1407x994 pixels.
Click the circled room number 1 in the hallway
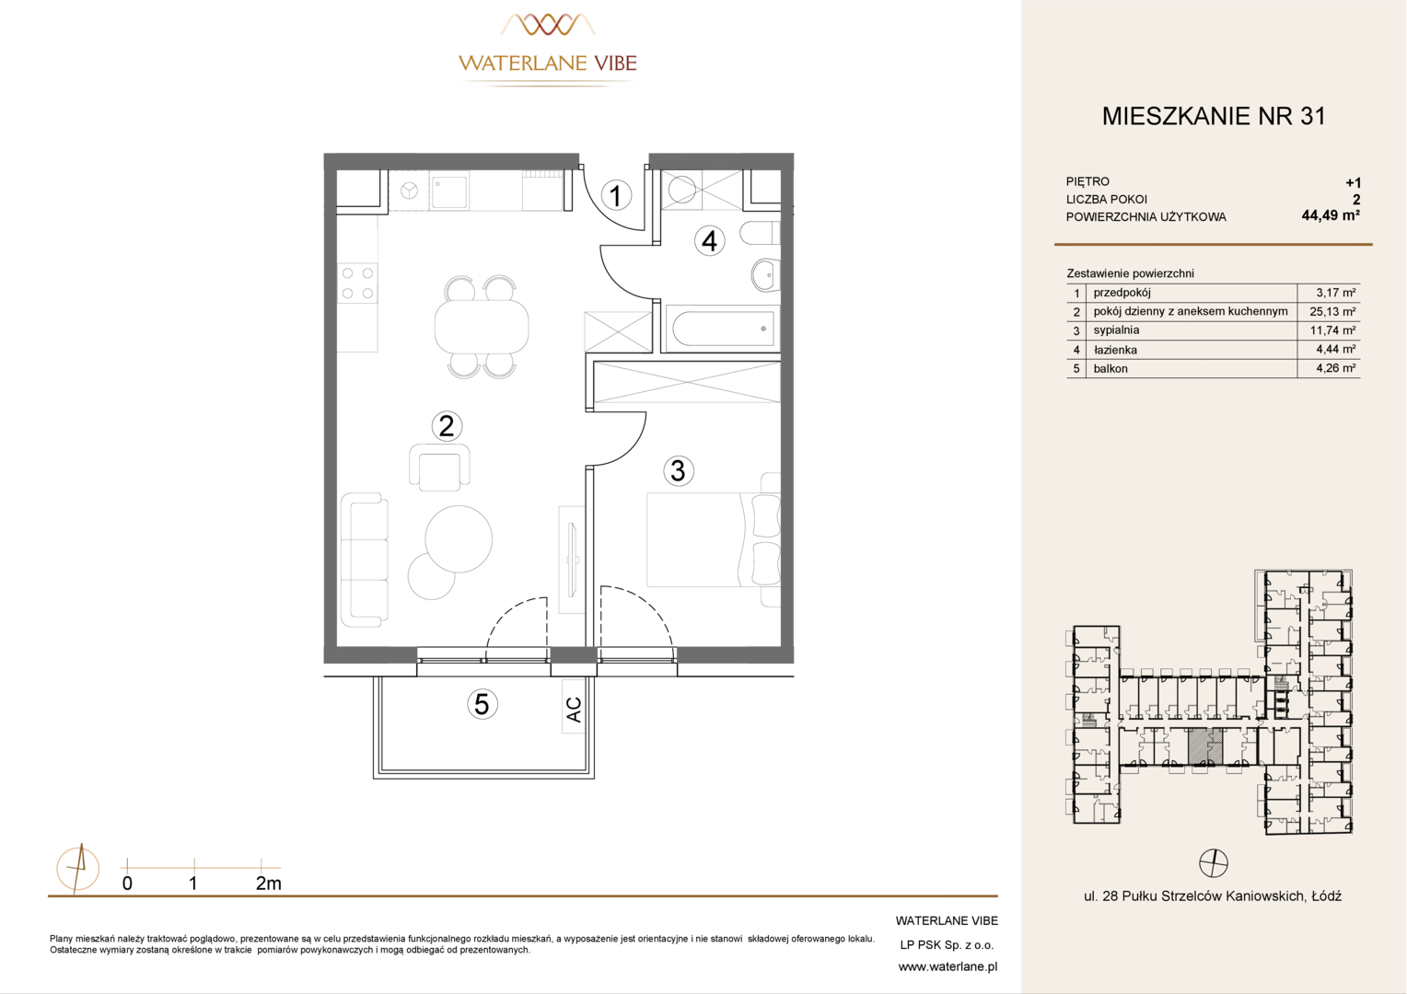point(615,195)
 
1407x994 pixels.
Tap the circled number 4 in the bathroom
point(709,241)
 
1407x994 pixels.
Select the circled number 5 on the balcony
point(482,704)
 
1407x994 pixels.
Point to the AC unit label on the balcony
point(574,710)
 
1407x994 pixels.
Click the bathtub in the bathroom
point(722,329)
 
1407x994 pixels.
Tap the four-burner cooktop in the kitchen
point(357,283)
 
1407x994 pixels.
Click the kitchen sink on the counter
point(449,192)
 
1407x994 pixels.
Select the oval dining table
point(482,327)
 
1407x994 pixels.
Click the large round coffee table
point(459,538)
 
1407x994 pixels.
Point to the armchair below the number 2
point(440,468)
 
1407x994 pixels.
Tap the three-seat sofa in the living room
point(365,561)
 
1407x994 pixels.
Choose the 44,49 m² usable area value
point(1331,215)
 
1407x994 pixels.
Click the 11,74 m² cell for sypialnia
point(1332,330)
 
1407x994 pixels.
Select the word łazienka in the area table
point(1115,350)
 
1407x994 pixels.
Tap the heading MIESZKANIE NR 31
point(1214,116)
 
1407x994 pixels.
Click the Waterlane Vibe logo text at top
point(548,63)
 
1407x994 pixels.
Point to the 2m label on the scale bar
point(268,884)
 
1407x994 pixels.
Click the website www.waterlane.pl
point(948,967)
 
